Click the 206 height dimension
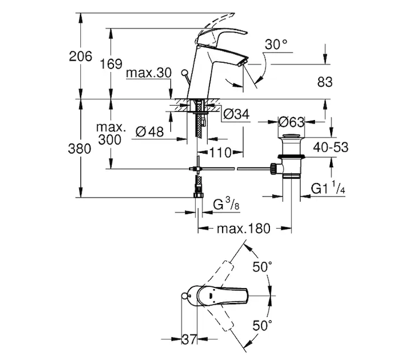pos(80,57)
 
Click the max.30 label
pos(149,74)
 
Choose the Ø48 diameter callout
pos(150,131)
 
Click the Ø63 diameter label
pos(292,122)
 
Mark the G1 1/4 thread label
pos(328,190)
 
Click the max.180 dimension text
pos(244,229)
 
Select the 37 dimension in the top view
pos(190,340)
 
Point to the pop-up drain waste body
pos(290,159)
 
